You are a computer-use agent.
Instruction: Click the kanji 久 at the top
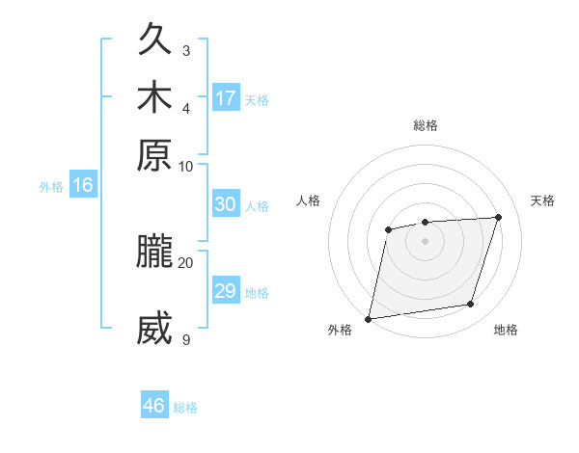[155, 40]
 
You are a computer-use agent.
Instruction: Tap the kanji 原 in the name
[155, 154]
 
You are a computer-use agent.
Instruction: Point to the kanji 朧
[155, 252]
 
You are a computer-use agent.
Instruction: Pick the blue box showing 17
[226, 98]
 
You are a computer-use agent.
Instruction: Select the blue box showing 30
[226, 204]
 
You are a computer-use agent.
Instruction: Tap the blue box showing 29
[226, 291]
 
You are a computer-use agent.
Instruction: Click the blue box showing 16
[83, 186]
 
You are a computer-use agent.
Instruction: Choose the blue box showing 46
[154, 406]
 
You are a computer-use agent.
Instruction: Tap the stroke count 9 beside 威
[185, 339]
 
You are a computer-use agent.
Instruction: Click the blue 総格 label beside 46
[185, 408]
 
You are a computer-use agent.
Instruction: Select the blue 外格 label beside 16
[51, 187]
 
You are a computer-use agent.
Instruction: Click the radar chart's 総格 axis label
[425, 125]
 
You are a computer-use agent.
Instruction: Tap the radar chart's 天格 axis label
[542, 200]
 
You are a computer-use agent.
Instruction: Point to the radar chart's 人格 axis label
[308, 200]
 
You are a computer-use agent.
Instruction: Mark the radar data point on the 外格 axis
[369, 318]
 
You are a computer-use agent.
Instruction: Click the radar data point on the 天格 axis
[498, 217]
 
